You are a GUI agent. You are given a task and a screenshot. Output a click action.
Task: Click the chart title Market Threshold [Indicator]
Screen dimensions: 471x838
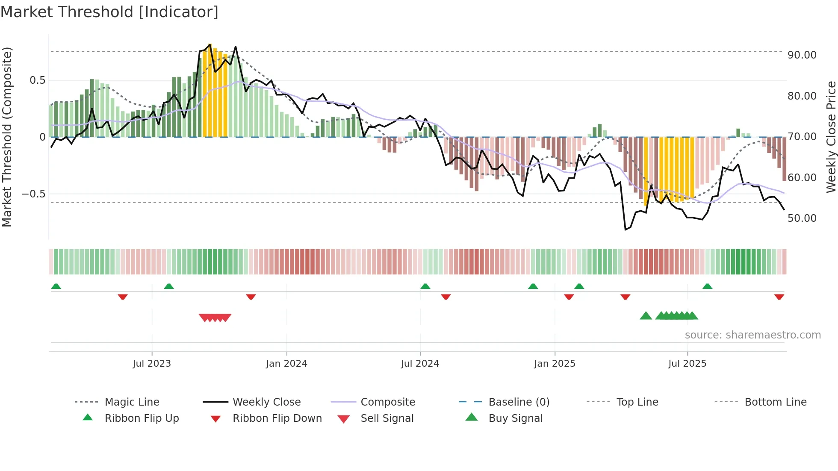point(109,12)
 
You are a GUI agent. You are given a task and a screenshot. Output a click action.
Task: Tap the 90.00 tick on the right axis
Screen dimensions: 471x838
point(802,55)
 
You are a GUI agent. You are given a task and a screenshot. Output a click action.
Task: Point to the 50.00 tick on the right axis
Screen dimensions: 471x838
point(802,218)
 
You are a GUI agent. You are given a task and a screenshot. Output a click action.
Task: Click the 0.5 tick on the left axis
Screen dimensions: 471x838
point(37,80)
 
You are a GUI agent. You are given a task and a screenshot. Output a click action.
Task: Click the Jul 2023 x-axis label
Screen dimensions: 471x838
point(152,364)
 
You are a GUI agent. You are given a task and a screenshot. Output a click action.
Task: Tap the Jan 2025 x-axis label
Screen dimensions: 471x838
point(555,364)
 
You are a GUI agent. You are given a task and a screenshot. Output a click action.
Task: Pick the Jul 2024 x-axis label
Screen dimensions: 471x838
point(420,364)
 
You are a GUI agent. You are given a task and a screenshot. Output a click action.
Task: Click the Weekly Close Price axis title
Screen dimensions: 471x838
point(831,137)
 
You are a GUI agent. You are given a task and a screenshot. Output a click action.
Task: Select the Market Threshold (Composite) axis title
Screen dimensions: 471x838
point(7,137)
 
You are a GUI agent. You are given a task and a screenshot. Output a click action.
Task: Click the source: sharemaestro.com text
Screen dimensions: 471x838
point(752,335)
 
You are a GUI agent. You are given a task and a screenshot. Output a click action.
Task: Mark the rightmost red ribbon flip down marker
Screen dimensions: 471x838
point(779,297)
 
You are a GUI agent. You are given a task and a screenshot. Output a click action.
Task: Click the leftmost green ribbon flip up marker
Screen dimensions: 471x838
point(56,286)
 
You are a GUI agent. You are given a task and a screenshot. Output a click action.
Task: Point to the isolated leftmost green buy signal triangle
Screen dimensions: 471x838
point(646,316)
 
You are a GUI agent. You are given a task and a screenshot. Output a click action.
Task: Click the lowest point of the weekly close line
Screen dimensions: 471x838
point(625,230)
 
